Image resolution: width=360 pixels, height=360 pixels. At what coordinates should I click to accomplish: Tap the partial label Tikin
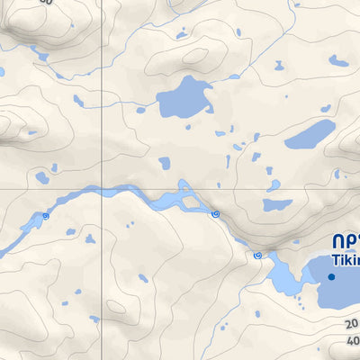tap(346, 259)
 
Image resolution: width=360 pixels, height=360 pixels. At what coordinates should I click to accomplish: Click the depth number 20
tap(351, 324)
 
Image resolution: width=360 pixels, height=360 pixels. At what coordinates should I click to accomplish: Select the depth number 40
tap(352, 341)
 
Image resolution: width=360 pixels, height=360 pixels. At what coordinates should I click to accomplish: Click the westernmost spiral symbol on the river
tap(45, 216)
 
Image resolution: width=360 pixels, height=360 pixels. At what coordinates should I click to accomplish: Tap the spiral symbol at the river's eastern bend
tap(214, 213)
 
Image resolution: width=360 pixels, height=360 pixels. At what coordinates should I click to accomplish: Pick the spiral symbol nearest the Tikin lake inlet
tap(257, 256)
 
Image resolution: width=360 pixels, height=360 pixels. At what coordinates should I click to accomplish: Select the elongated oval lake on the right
tap(310, 135)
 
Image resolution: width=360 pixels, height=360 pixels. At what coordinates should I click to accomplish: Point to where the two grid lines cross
tap(103, 189)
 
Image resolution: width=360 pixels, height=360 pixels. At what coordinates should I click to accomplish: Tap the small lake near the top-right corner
tap(338, 61)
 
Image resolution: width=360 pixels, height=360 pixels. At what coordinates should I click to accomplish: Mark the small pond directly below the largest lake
tap(165, 163)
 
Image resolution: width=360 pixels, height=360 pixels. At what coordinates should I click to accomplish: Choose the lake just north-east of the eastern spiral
tap(277, 205)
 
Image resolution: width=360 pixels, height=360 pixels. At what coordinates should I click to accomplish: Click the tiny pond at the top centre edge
tap(183, 35)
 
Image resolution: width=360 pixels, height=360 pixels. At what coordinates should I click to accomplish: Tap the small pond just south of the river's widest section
tap(131, 224)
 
